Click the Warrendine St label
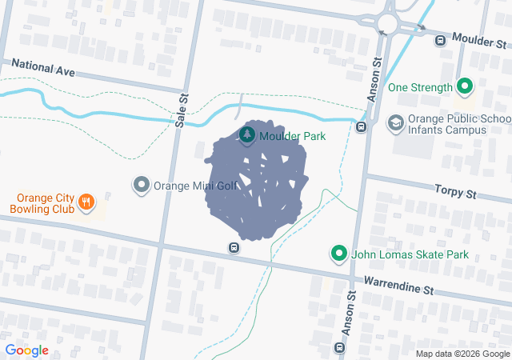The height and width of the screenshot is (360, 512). pyautogui.click(x=398, y=283)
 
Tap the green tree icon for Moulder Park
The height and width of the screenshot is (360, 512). pyautogui.click(x=247, y=135)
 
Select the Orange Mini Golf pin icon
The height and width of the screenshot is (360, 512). pyautogui.click(x=142, y=185)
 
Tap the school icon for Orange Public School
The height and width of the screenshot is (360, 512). pyautogui.click(x=395, y=123)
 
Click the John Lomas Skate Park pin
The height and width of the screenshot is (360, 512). pyautogui.click(x=339, y=254)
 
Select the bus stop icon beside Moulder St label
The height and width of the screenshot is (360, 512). pyautogui.click(x=439, y=39)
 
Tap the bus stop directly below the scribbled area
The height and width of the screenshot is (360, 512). pyautogui.click(x=233, y=248)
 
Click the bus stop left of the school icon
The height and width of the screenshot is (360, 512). pyautogui.click(x=362, y=126)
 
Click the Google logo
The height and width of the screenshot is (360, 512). pyautogui.click(x=26, y=350)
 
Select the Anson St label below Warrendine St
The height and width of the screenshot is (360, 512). pyautogui.click(x=350, y=308)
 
